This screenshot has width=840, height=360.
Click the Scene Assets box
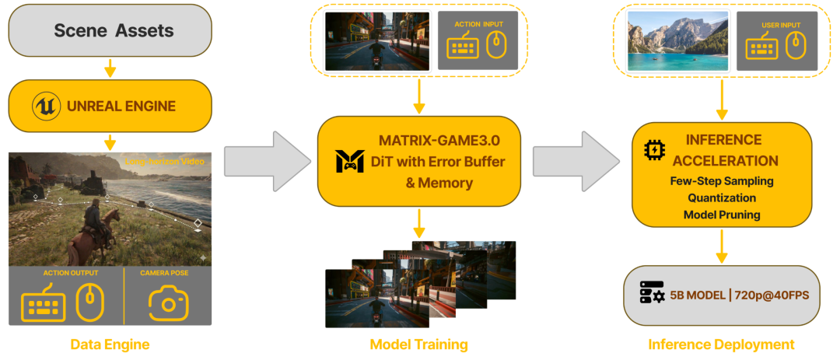pos(110,31)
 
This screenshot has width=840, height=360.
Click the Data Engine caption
pos(110,344)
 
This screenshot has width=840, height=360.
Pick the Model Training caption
pos(419,344)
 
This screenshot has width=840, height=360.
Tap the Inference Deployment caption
pos(721,344)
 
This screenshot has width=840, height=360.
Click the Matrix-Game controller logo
pos(350,161)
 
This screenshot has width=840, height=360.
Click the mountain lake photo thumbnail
pos(677,40)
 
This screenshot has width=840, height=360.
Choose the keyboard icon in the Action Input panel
pos(463,48)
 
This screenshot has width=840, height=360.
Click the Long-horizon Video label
pos(166,163)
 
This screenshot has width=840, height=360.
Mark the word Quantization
pos(721,197)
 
